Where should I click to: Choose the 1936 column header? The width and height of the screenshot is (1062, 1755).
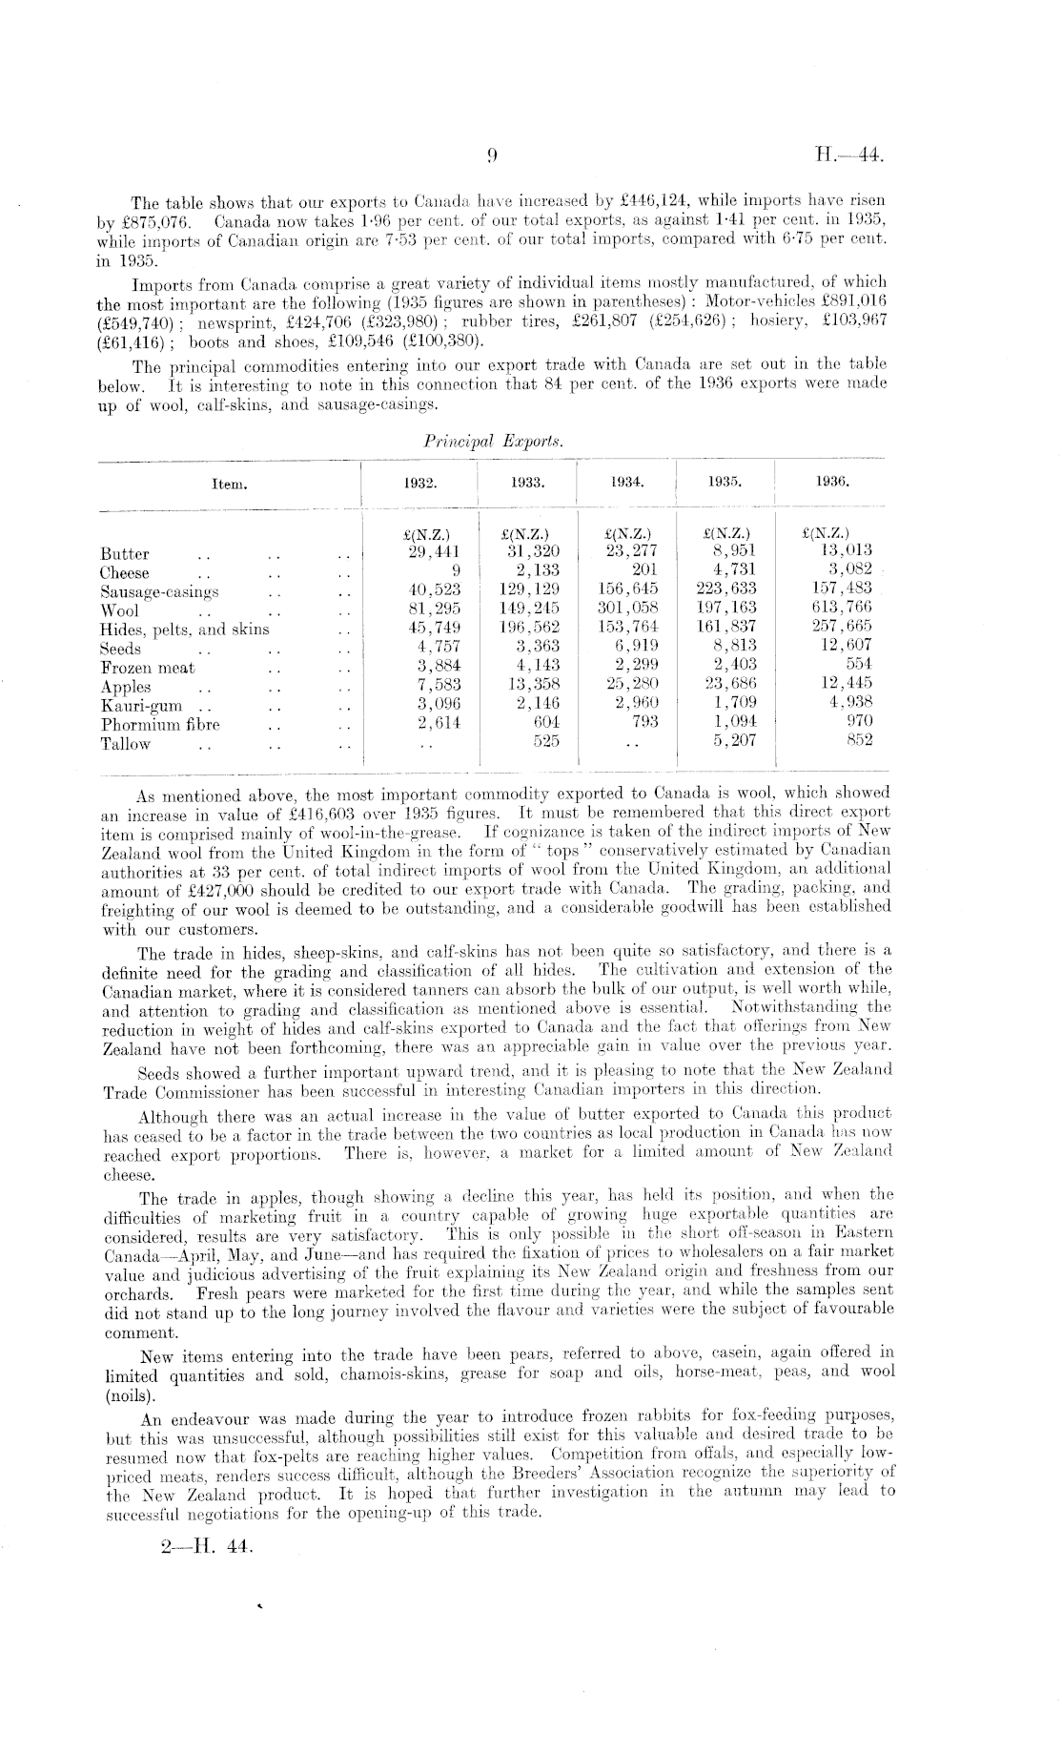point(833,483)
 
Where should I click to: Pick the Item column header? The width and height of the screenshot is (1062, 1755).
point(229,484)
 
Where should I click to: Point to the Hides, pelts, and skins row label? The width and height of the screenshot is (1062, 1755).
point(184,630)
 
